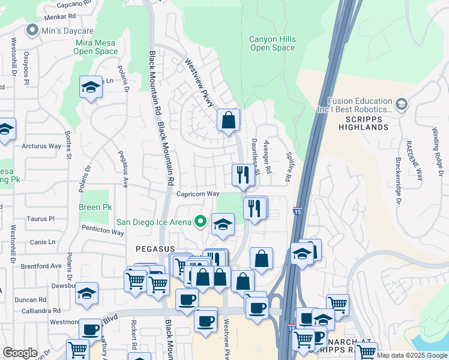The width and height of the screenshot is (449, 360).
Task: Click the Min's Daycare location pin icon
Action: pyautogui.click(x=31, y=29)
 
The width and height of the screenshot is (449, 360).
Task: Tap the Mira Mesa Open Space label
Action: pyautogui.click(x=95, y=47)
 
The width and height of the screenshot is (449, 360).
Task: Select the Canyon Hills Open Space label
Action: pyautogui.click(x=272, y=43)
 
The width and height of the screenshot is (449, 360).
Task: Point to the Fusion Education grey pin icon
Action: pyautogui.click(x=401, y=105)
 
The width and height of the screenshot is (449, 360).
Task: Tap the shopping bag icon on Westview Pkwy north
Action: pyautogui.click(x=228, y=120)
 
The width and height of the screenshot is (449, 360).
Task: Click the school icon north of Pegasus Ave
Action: pyautogui.click(x=91, y=88)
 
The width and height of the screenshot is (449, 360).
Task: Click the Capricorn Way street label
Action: pyautogui.click(x=197, y=194)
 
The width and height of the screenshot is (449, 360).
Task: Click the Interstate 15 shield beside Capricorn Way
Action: pyautogui.click(x=298, y=211)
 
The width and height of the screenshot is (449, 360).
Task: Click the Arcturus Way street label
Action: pyautogui.click(x=41, y=146)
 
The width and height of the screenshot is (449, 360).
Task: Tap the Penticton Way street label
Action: pyautogui.click(x=104, y=232)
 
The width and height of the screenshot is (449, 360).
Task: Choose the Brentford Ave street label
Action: pyautogui.click(x=41, y=265)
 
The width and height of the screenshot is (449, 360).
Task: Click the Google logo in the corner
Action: pyautogui.click(x=20, y=353)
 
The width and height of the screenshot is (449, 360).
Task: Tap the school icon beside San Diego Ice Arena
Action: pyautogui.click(x=223, y=225)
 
